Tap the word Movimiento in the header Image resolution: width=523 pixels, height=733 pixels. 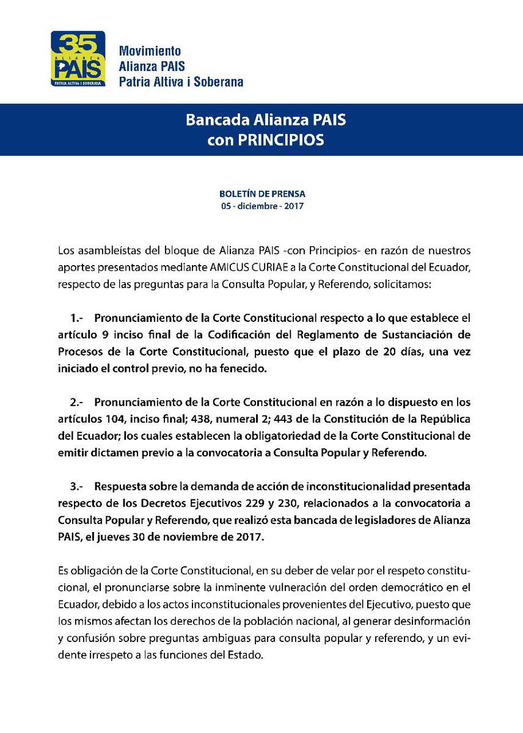[150, 51]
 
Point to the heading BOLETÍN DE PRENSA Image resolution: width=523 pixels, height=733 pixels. [261, 194]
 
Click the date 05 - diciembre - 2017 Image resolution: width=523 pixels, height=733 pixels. [261, 206]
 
